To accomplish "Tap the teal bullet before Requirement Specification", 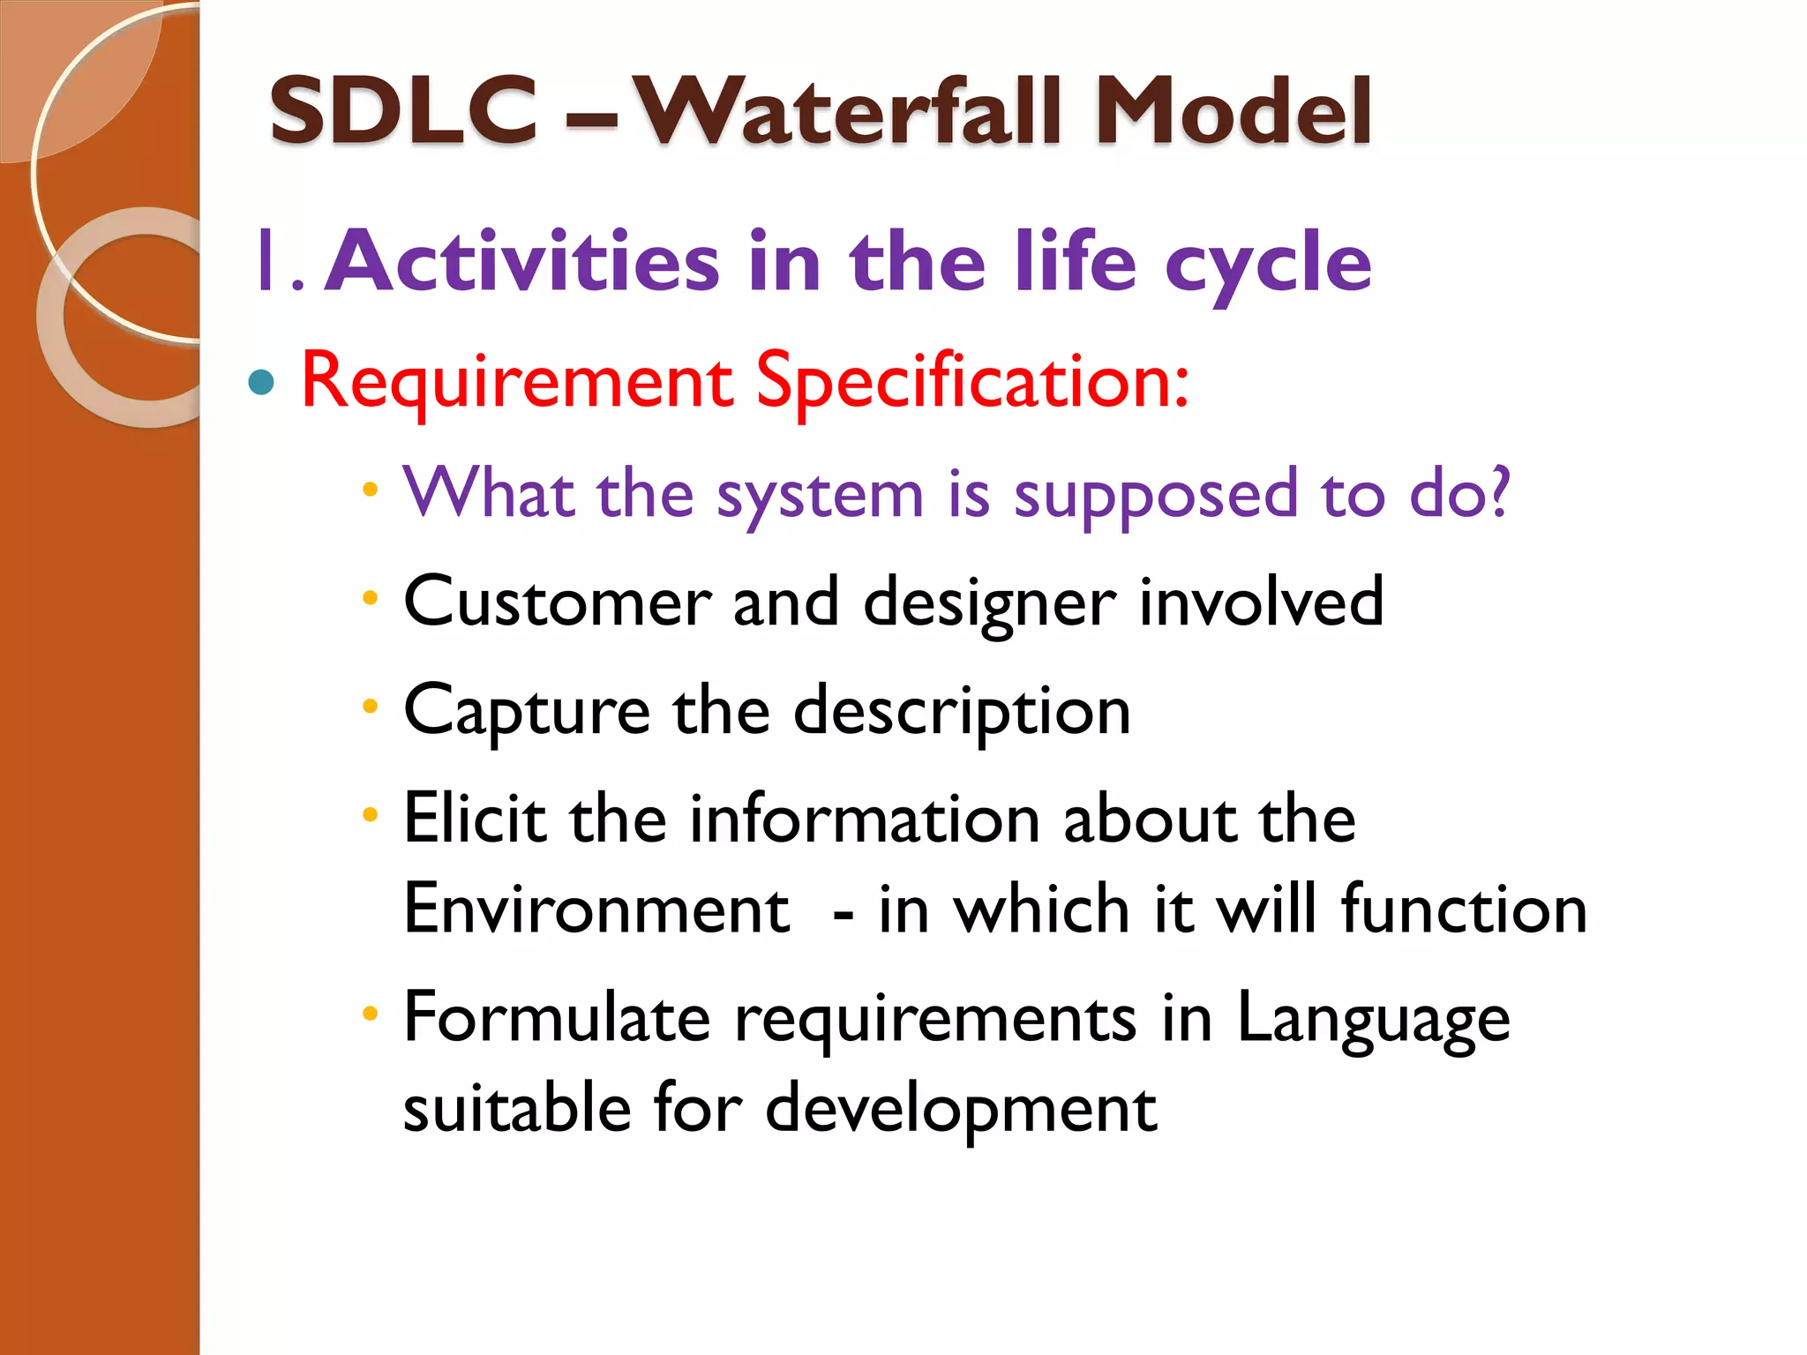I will pos(261,382).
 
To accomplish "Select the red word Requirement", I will pos(517,381).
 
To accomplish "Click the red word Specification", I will pos(971,381).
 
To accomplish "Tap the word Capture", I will pos(527,711).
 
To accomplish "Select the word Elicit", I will pos(475,819).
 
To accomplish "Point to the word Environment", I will pos(596,909).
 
